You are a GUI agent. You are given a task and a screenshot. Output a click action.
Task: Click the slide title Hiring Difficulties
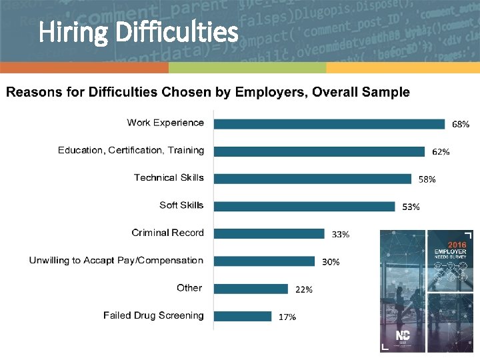[x=138, y=31]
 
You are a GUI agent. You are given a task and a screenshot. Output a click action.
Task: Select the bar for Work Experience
[x=329, y=123]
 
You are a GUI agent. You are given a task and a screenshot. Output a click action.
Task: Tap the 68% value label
[x=461, y=124]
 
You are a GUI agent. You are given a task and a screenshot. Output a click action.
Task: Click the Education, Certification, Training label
[x=131, y=150]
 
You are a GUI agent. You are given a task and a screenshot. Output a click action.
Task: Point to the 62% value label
[x=441, y=152]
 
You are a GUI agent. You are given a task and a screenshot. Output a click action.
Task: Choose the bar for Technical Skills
[x=313, y=179]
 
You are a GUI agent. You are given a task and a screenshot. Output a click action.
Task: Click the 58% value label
[x=427, y=179]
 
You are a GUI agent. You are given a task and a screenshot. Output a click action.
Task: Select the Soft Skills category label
[x=181, y=205]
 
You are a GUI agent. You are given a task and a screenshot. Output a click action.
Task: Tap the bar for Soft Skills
[x=305, y=206]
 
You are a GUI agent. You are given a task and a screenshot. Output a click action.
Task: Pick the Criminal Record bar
[x=269, y=233]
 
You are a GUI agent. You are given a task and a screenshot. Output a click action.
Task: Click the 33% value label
[x=341, y=235]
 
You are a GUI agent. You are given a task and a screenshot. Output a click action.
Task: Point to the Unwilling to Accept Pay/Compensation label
[x=116, y=260]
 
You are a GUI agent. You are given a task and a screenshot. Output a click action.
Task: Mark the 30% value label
[x=331, y=262]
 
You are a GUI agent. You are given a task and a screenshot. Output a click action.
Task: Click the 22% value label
[x=304, y=289]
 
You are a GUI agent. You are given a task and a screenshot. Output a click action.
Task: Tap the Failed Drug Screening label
[x=153, y=315]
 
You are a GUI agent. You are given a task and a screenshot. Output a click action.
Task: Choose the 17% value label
[x=287, y=317]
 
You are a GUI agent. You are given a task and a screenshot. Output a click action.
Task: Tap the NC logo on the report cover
[x=403, y=335]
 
